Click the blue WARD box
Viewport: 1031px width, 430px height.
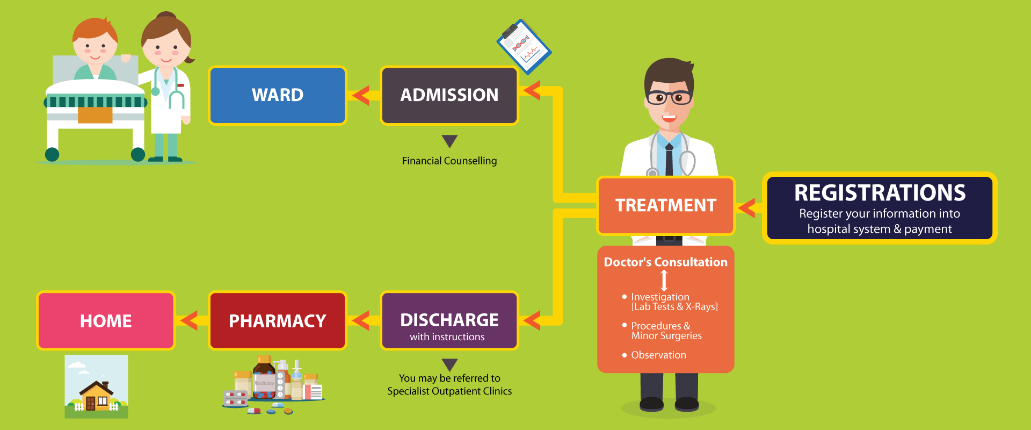pos(278,95)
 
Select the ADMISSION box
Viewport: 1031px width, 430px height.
pos(449,95)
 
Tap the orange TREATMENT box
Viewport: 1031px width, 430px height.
pos(665,205)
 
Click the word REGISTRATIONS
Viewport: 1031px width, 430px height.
pos(880,193)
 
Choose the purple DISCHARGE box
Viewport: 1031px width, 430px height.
pos(449,321)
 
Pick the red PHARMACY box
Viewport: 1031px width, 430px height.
pos(278,321)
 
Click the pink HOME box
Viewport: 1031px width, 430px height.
pos(106,321)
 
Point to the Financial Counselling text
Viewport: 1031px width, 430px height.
pos(449,161)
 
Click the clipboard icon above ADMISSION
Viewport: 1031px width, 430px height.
pos(524,47)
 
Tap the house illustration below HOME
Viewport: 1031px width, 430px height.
pos(97,386)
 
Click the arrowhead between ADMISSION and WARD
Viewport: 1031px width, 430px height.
pos(361,95)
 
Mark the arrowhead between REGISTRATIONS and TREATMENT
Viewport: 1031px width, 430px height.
pos(746,207)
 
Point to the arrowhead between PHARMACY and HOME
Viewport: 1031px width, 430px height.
pos(189,321)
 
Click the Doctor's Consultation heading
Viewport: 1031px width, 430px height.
pos(665,262)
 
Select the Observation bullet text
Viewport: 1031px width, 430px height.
pos(658,355)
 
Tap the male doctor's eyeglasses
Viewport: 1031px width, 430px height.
pos(669,98)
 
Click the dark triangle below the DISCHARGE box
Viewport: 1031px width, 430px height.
pos(449,364)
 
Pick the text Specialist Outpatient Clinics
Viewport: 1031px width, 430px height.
pos(449,391)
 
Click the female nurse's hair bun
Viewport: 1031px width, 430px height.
pos(167,16)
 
